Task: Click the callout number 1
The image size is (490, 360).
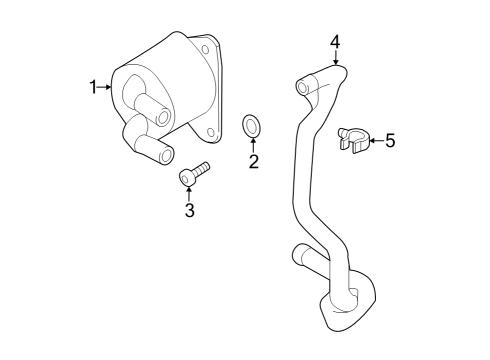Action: point(93,88)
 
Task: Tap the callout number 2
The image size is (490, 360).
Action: point(253,162)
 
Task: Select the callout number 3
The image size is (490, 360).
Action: point(188,210)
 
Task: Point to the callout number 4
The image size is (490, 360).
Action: point(335,41)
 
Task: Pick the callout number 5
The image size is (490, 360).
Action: point(390,141)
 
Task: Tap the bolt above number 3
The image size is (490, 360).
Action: point(192,175)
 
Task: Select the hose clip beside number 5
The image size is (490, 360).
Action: point(353,139)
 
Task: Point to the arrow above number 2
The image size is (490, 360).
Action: point(252,145)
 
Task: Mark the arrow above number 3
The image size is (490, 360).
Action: point(188,193)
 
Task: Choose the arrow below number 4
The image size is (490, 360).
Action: point(335,58)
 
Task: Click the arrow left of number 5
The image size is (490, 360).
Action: point(374,141)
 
